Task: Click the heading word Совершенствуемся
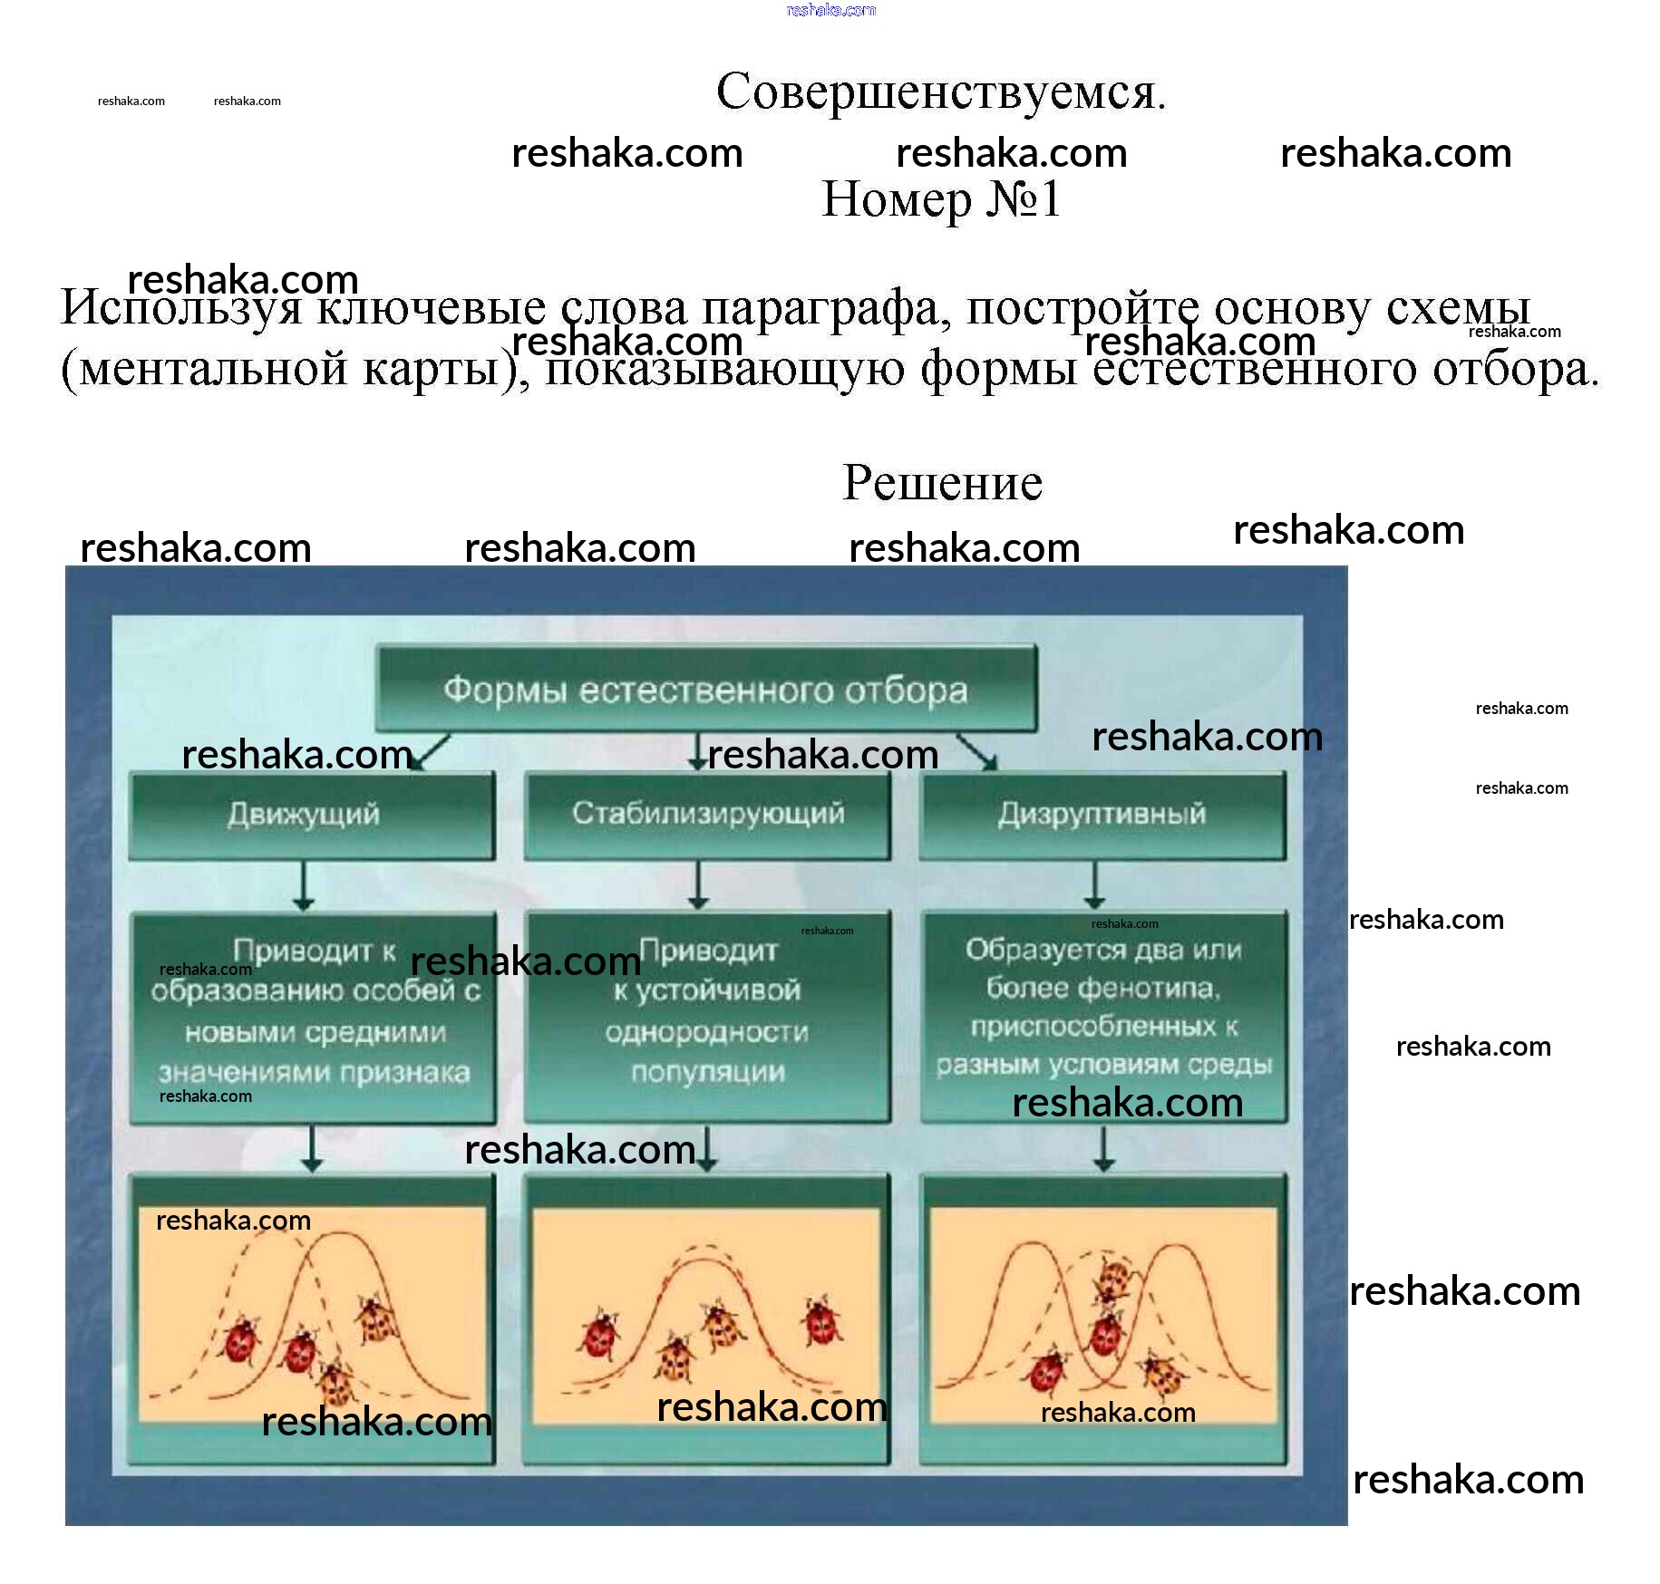[940, 92]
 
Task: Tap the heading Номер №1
[940, 199]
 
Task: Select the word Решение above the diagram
[942, 482]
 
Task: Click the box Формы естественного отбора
[705, 691]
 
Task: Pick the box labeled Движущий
[311, 815]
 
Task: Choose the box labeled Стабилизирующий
[707, 815]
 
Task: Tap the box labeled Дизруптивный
[1102, 815]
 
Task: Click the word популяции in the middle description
[707, 1072]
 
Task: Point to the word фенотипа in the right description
[1149, 989]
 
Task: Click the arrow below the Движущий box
[304, 885]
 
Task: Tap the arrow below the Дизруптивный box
[1095, 885]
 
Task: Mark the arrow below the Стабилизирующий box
[697, 885]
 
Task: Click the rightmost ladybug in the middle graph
[821, 1320]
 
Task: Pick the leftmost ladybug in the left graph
[241, 1340]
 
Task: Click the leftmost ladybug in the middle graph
[598, 1336]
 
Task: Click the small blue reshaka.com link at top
[830, 10]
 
